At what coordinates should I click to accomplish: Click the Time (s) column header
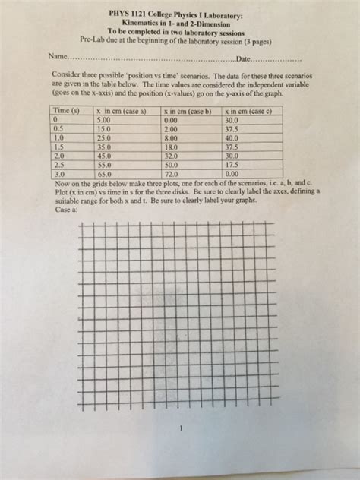tap(66, 111)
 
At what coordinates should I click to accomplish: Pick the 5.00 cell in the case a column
tap(103, 120)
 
